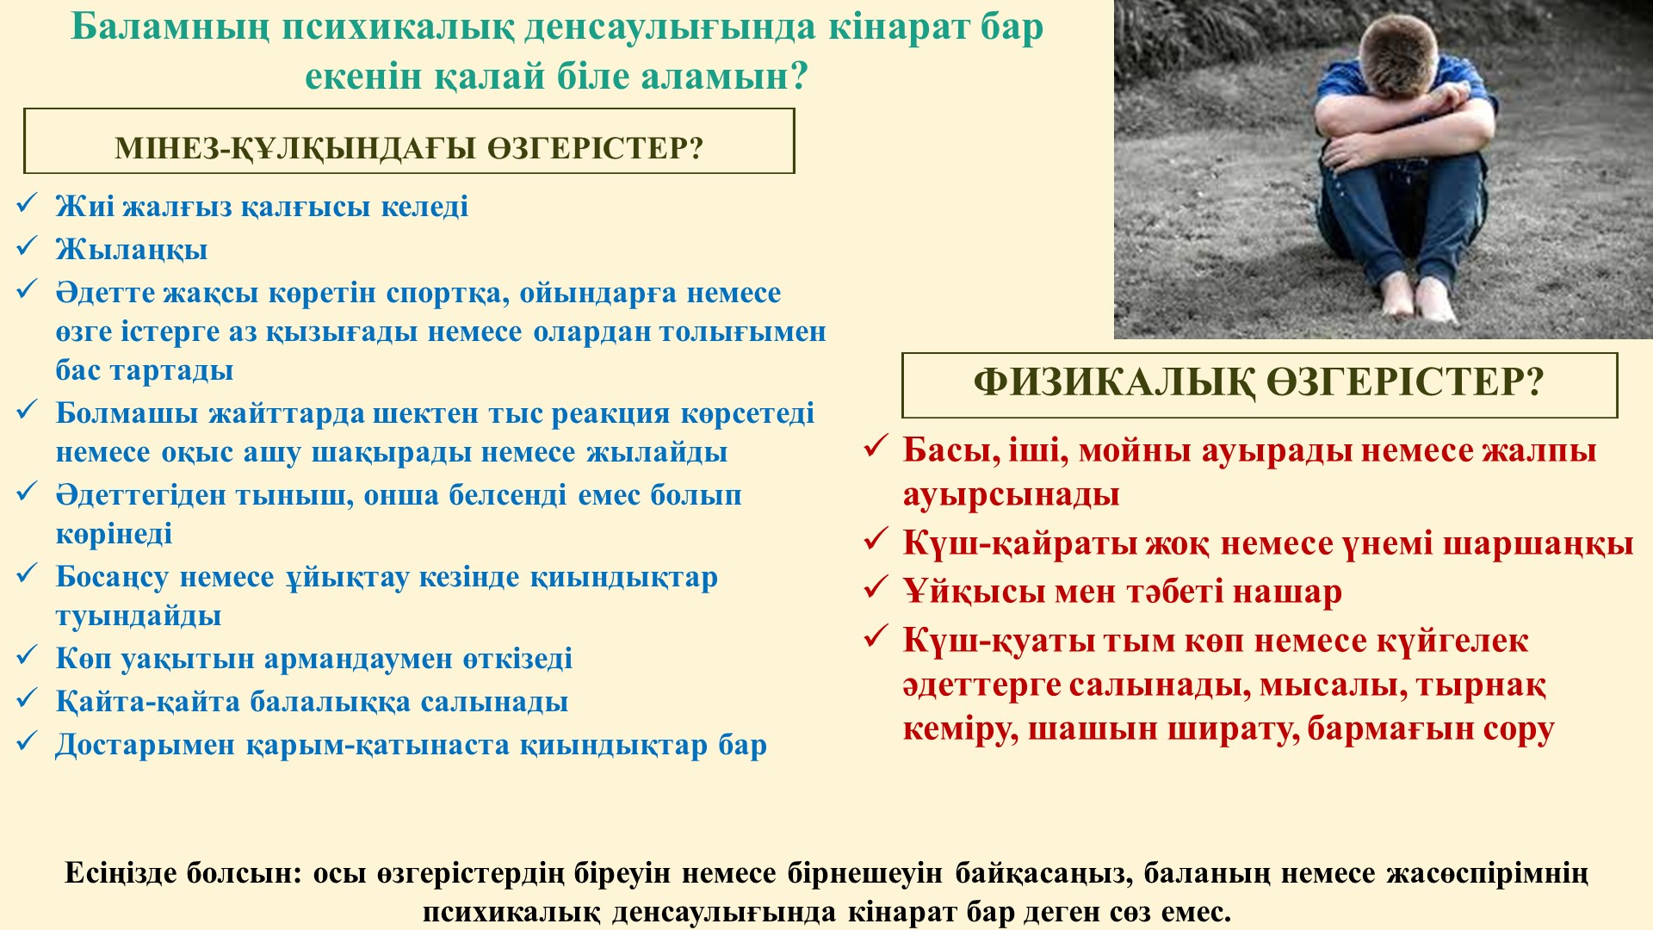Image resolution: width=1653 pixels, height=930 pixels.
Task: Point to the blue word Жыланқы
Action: coord(132,251)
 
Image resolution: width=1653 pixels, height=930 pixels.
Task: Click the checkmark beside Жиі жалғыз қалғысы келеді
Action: coord(27,204)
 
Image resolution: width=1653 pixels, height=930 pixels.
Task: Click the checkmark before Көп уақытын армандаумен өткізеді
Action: coord(27,656)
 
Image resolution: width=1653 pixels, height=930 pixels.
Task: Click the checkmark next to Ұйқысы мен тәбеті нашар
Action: coord(876,588)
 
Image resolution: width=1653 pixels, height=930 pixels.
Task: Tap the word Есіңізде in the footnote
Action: coord(120,874)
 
